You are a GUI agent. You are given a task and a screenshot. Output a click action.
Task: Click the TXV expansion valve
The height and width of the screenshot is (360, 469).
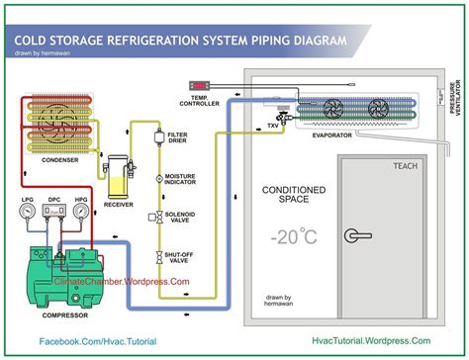(x=284, y=116)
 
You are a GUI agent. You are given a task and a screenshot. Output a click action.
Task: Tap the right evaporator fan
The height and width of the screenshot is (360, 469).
(x=380, y=107)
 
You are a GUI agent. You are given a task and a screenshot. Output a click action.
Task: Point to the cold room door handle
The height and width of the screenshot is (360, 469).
(x=353, y=235)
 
